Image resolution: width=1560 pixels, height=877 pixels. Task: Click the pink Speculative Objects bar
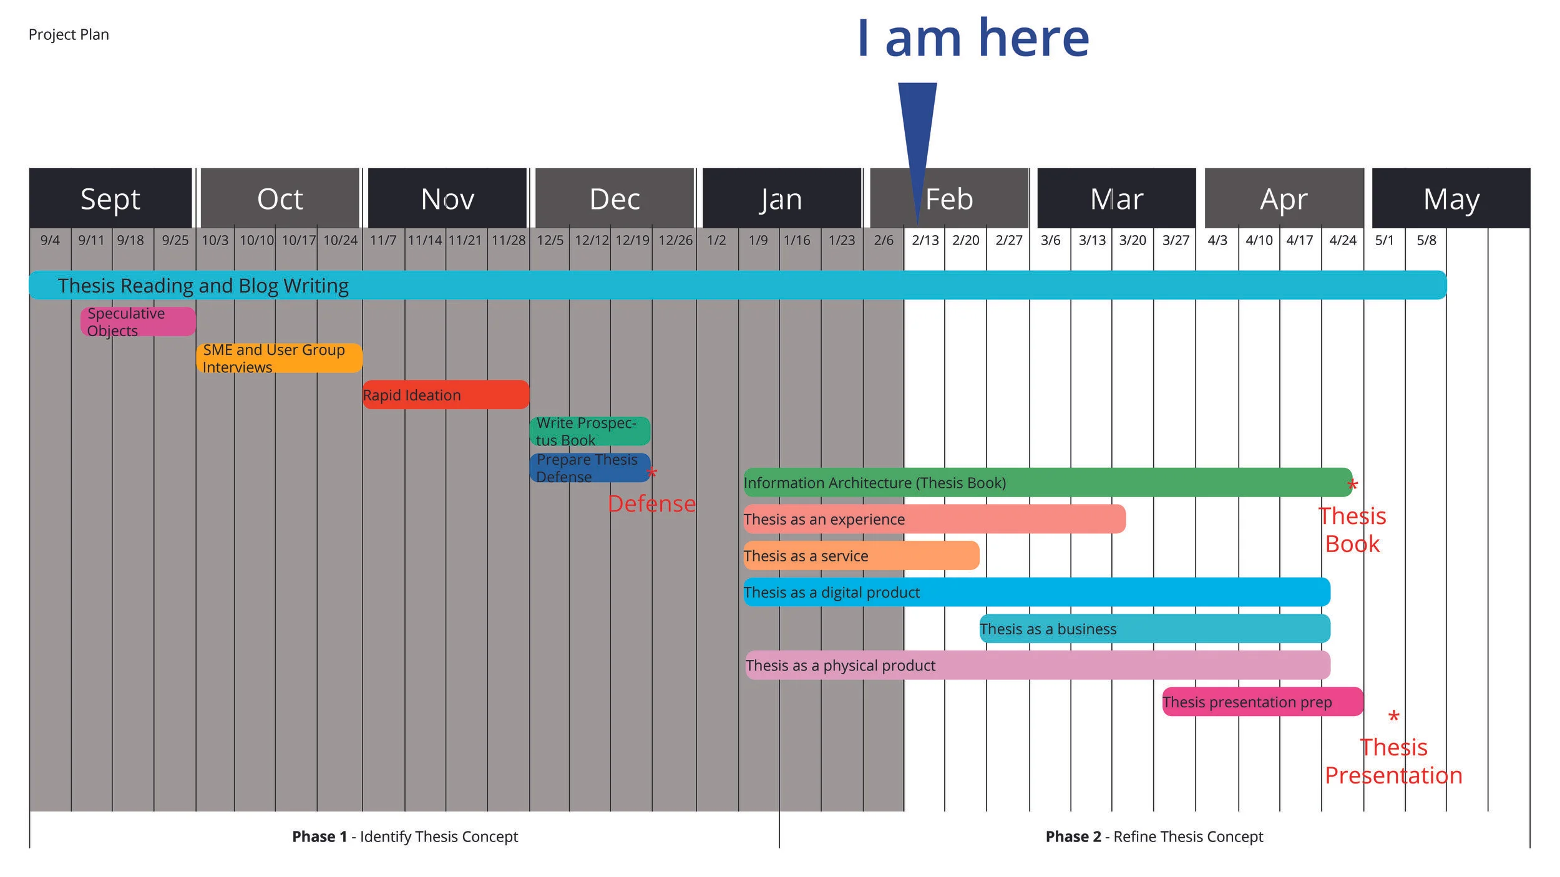point(138,322)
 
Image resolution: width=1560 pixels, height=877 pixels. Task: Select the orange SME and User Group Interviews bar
point(279,358)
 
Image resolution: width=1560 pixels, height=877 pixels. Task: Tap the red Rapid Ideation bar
point(446,395)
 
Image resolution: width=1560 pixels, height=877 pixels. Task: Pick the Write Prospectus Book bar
point(590,431)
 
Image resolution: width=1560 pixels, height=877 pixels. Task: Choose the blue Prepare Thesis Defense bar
point(590,468)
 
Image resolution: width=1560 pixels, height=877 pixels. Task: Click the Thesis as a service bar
point(861,556)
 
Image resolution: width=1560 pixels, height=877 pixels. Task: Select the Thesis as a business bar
point(1154,629)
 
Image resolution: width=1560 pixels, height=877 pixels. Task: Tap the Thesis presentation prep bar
point(1262,702)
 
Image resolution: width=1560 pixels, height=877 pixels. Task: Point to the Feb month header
point(949,199)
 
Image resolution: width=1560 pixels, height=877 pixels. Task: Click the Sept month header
point(110,199)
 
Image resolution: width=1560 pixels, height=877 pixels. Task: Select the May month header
point(1451,199)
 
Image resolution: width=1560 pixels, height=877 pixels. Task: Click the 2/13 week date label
point(925,240)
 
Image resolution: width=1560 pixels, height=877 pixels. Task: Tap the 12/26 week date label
point(675,240)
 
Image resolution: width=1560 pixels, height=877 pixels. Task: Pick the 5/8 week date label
point(1426,240)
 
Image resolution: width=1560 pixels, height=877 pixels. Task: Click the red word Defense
point(651,503)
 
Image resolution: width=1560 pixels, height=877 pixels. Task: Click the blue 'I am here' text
point(973,39)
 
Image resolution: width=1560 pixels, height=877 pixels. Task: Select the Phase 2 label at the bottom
point(1154,836)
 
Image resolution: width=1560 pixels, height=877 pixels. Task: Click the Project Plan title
point(69,34)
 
